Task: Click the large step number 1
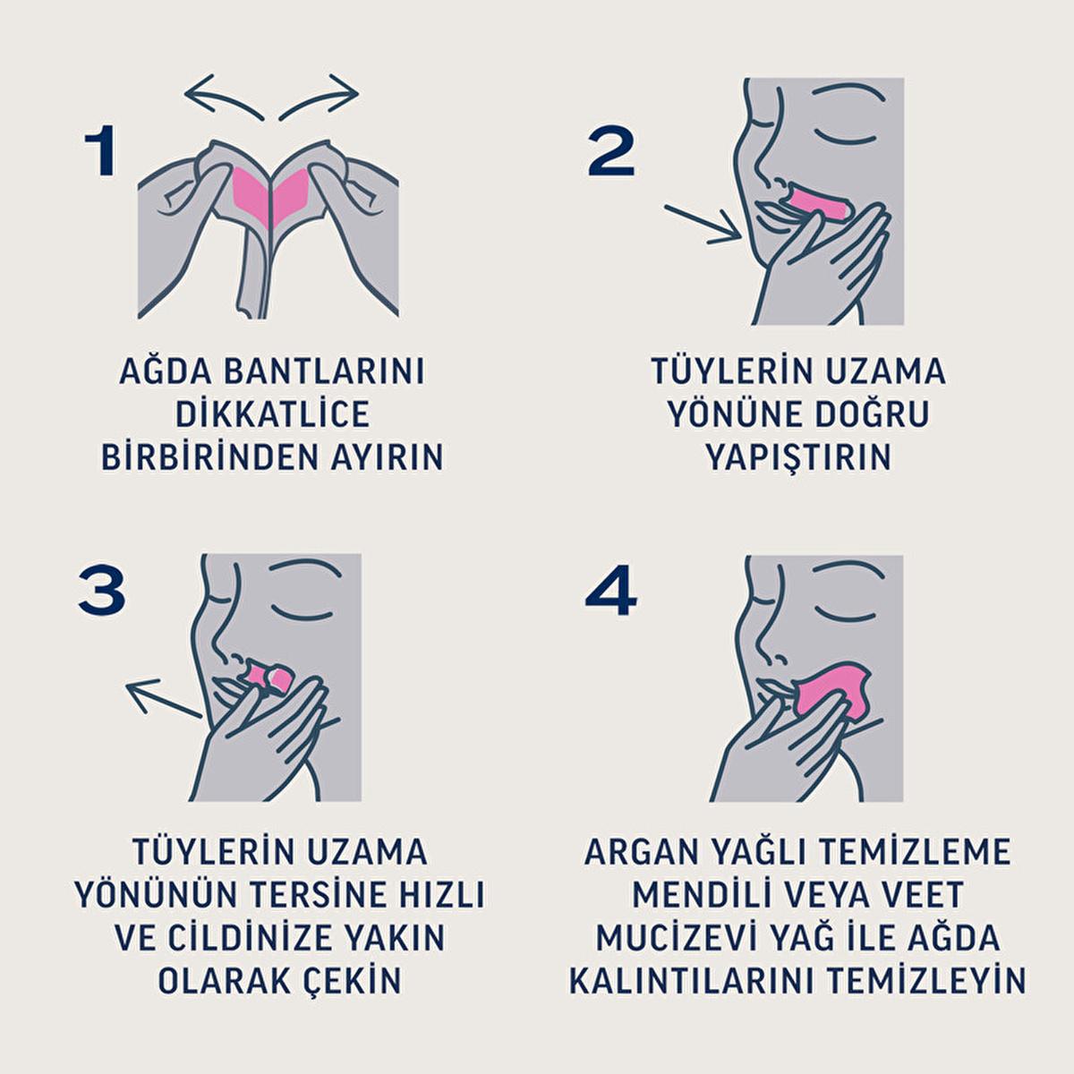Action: point(101,151)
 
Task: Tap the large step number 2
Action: point(611,151)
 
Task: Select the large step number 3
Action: point(101,592)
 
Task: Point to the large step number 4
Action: point(611,592)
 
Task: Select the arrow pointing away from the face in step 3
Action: point(163,696)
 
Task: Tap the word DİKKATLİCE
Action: point(273,413)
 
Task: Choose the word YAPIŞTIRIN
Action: point(798,456)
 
